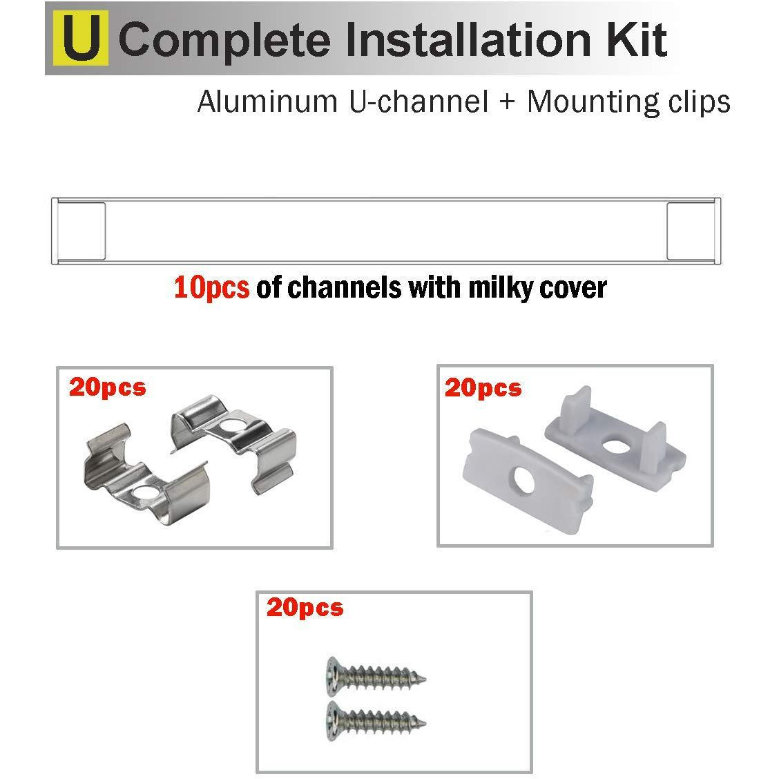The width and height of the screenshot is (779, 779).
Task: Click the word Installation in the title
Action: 463,40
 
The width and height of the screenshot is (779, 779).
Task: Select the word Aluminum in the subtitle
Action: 264,102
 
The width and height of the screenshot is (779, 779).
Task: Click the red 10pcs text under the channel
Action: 211,287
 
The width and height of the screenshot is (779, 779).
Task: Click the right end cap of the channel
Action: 693,231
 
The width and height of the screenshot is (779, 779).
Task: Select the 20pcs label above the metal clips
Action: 107,387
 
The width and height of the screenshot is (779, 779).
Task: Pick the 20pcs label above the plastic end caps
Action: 483,388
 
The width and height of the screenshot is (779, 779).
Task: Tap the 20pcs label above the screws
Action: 305,608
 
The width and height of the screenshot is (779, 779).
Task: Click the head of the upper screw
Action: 331,671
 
